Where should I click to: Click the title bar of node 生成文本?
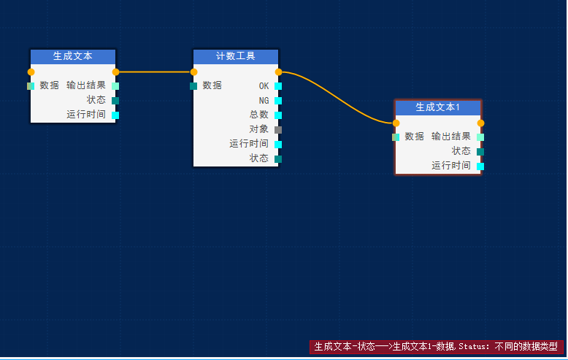(x=73, y=56)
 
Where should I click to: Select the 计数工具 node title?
(x=236, y=56)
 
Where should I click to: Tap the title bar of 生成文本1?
(x=437, y=107)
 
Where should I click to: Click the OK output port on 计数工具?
(x=278, y=86)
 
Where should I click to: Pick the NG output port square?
(x=278, y=101)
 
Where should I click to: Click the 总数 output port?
(x=278, y=115)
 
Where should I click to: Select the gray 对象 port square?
(x=278, y=130)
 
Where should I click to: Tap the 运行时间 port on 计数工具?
(x=278, y=145)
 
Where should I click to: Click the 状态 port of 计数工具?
(x=278, y=158)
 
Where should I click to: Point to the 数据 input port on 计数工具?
(x=193, y=86)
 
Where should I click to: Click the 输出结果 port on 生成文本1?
(x=480, y=137)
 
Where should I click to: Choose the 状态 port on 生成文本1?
(x=480, y=152)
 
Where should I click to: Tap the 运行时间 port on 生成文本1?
(x=480, y=166)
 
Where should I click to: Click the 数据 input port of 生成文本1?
(x=396, y=137)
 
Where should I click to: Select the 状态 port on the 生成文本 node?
(x=115, y=101)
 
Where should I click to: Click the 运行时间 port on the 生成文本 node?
(x=115, y=115)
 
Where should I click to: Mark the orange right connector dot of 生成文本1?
(x=480, y=123)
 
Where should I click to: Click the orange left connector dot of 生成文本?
(x=31, y=72)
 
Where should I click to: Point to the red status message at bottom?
(x=436, y=346)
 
